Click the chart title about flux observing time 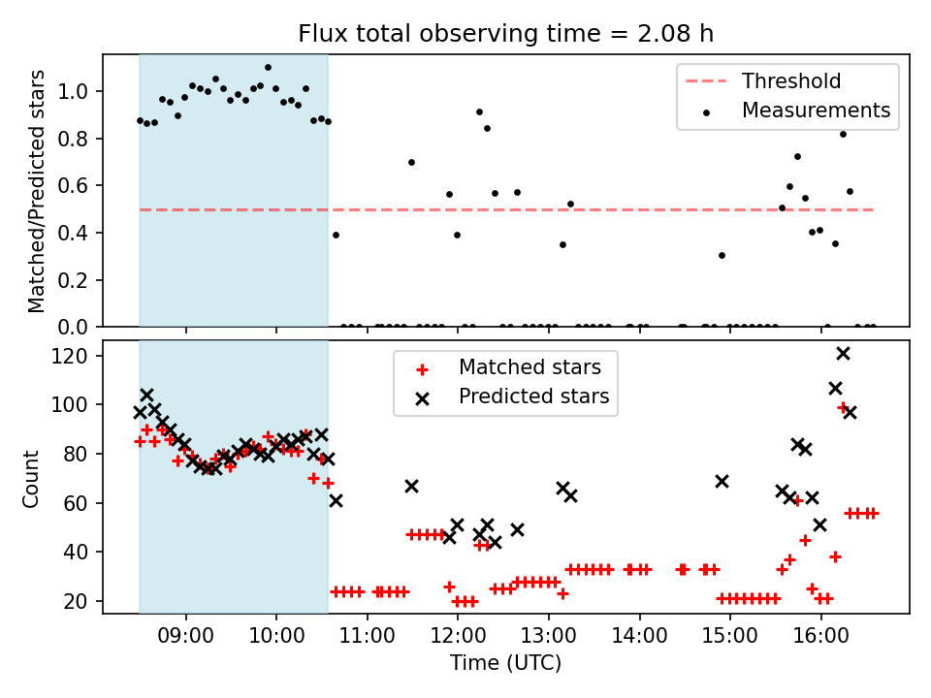[x=505, y=34]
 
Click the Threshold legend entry [x=791, y=81]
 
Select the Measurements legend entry [x=816, y=111]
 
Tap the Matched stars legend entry [x=530, y=367]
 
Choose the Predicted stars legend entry [x=533, y=396]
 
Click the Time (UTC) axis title [x=505, y=663]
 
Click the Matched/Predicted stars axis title [x=37, y=191]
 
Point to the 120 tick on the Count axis [x=78, y=356]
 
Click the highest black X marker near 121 [x=843, y=354]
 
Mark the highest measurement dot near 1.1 [x=268, y=68]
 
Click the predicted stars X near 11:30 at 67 [x=411, y=486]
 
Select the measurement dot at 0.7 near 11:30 [x=411, y=162]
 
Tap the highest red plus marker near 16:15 [x=843, y=407]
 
